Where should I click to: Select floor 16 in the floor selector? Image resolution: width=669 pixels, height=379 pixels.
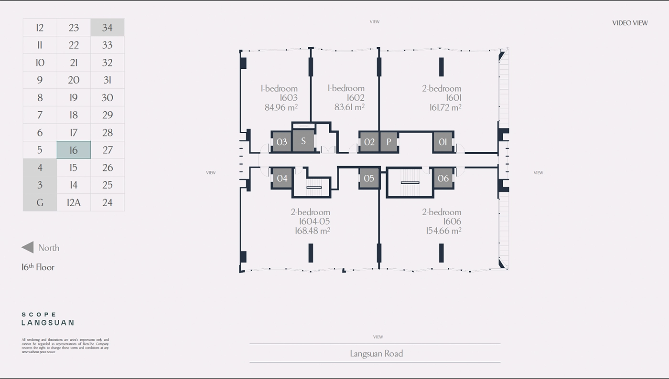tap(74, 150)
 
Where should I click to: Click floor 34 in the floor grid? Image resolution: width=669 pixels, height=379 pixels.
tap(108, 28)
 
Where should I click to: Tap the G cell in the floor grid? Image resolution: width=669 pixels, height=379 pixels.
tap(40, 202)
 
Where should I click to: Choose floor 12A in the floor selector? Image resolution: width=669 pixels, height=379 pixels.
tap(74, 202)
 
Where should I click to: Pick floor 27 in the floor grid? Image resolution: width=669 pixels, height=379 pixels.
tap(108, 150)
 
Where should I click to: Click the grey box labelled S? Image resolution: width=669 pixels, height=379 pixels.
tap(303, 141)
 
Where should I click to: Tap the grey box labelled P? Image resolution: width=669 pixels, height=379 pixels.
tap(389, 142)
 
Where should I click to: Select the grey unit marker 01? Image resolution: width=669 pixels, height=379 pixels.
tap(443, 142)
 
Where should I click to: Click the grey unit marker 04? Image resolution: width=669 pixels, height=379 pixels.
tap(282, 178)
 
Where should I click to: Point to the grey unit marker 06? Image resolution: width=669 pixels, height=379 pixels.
tap(443, 178)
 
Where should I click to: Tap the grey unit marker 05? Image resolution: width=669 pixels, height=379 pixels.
tap(369, 178)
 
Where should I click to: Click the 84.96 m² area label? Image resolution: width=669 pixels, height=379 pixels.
tap(281, 107)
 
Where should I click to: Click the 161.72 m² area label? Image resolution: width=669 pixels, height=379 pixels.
tap(445, 107)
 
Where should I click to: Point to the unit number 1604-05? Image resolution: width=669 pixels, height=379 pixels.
tap(314, 221)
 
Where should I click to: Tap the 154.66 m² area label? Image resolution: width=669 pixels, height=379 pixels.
tap(443, 231)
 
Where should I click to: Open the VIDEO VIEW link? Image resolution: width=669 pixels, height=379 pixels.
tap(630, 23)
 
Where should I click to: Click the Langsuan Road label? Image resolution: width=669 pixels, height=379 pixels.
tap(376, 354)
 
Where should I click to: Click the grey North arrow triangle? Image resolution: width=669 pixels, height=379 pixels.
tap(28, 247)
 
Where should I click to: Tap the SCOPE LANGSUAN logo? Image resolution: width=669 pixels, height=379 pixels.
tap(48, 319)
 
